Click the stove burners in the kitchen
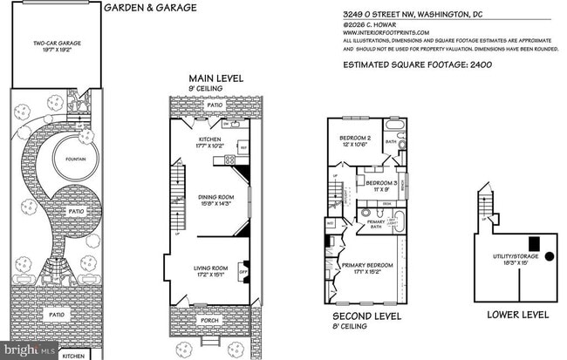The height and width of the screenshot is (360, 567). (229, 160)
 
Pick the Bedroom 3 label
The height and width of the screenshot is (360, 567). (384, 186)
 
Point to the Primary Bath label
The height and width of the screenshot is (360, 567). (376, 224)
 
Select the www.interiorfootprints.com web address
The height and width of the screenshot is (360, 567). (385, 33)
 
